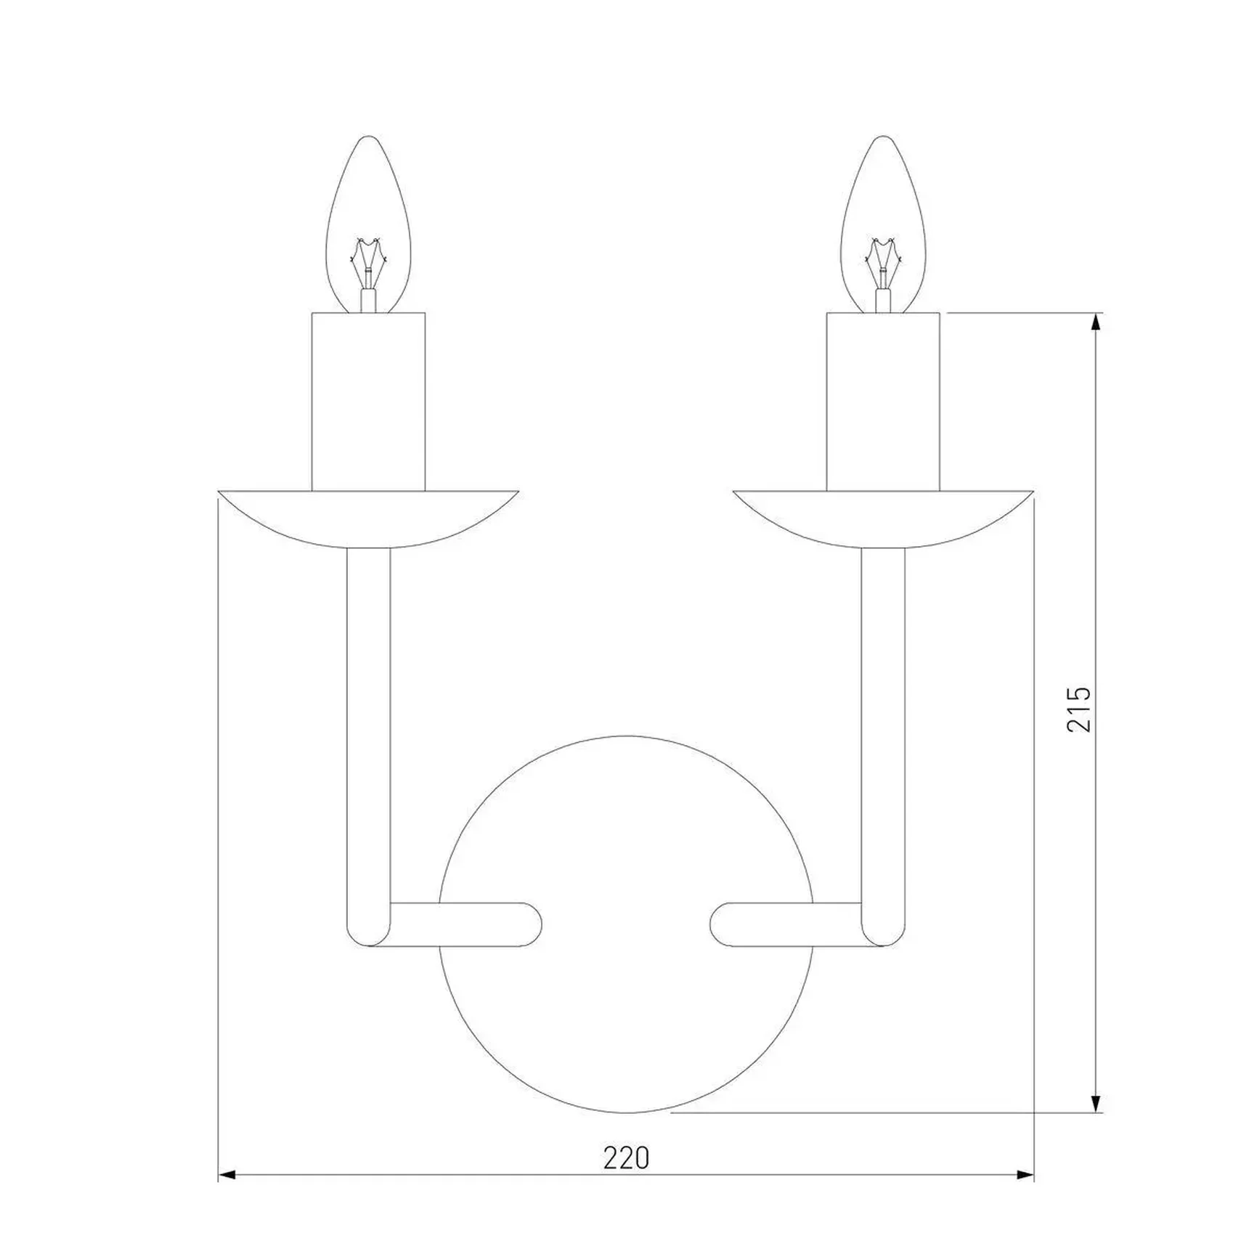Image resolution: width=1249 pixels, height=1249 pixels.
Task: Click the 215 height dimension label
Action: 1078,709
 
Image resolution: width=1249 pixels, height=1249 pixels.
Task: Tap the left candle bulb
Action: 369,224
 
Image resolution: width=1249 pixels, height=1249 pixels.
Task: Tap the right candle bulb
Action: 883,224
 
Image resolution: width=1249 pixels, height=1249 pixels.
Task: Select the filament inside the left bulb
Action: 369,265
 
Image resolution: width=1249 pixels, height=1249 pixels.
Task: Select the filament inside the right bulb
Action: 883,265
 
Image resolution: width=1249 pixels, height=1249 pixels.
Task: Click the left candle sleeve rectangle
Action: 368,402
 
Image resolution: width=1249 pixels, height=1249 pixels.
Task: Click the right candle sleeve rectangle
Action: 883,402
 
